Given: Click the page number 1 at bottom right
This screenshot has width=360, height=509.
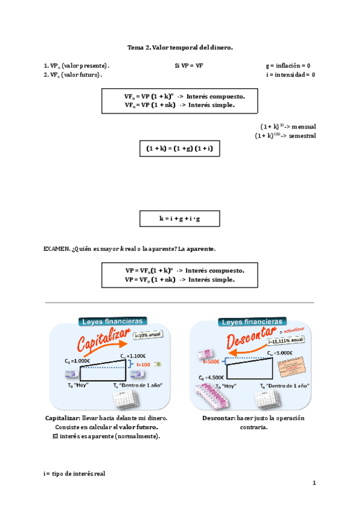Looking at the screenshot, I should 313,483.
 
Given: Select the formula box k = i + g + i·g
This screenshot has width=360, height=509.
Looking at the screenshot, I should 179,219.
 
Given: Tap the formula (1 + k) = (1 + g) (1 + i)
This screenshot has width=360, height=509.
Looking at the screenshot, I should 179,148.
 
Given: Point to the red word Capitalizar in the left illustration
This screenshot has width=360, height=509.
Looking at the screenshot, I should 103,345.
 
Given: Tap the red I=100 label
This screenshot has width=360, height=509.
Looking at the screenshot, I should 143,364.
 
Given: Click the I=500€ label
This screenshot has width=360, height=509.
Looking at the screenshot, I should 211,361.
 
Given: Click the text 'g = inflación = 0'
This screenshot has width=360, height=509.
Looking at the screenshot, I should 287,65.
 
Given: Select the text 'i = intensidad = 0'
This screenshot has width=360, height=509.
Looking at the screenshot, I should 290,74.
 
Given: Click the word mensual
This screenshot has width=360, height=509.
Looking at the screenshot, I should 304,127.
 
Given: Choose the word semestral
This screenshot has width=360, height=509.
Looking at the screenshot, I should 302,136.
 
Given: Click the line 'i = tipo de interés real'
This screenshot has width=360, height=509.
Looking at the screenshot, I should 74,474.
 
